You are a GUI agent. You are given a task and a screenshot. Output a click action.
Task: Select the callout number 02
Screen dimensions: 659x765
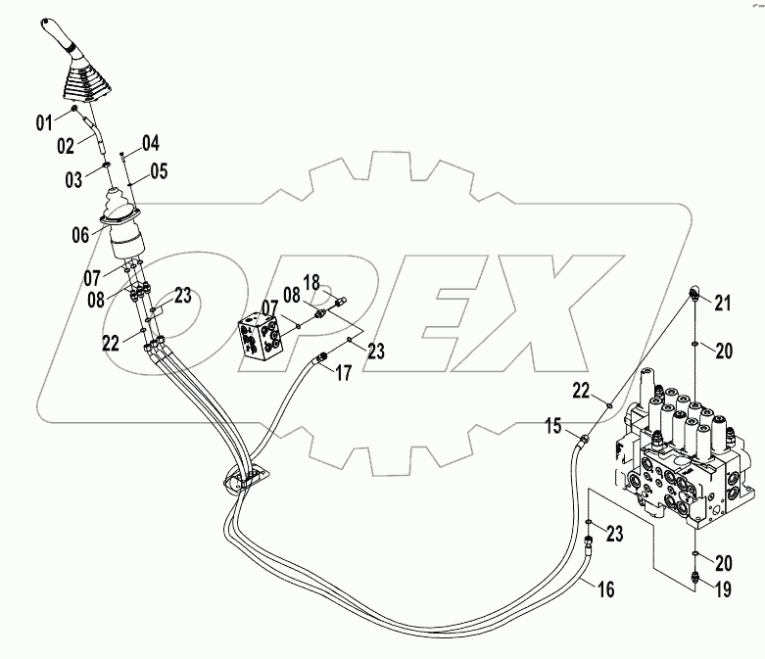(x=67, y=146)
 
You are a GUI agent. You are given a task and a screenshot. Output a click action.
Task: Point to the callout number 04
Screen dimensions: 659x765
(x=149, y=142)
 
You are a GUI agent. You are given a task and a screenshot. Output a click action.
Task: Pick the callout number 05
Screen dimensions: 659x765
(x=158, y=171)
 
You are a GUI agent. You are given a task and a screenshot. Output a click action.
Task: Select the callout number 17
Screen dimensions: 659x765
(x=344, y=371)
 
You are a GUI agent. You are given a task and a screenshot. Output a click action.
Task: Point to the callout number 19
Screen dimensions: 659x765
(x=722, y=590)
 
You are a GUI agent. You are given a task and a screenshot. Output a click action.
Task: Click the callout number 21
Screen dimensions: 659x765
(x=722, y=304)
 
